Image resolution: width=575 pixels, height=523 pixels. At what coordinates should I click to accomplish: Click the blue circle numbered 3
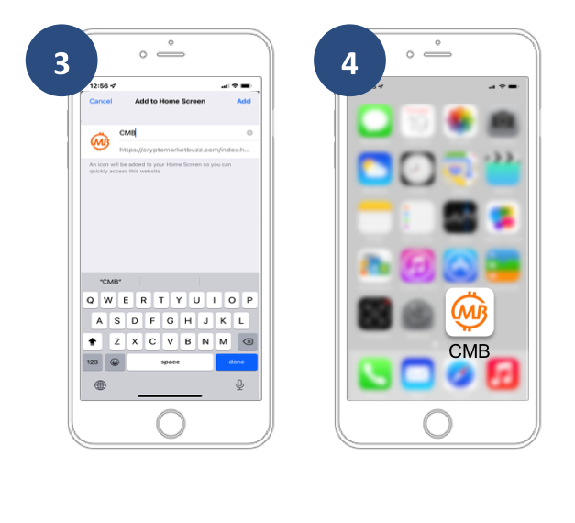point(61,61)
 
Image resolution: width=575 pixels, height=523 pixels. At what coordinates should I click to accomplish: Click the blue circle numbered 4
point(349,61)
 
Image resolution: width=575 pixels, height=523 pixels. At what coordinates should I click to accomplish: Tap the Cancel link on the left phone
point(101,101)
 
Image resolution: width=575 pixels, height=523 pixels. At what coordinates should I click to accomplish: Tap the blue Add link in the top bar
point(243,101)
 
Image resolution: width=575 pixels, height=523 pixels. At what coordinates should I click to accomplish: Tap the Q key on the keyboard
point(90,300)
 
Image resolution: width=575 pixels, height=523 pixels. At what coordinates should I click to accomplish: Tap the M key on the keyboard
point(223,341)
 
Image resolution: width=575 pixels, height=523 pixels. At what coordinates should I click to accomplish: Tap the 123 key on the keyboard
point(93,362)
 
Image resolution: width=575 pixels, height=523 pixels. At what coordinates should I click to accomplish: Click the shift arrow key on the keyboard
point(93,341)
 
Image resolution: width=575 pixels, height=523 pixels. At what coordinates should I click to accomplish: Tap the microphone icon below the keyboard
point(239,384)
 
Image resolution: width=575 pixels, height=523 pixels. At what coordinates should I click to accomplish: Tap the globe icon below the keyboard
point(100,384)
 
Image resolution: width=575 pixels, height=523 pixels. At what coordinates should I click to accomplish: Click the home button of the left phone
point(171,423)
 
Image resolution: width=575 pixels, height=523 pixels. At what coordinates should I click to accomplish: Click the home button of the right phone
point(437,423)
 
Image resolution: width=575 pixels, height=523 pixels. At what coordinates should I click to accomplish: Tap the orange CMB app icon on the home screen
point(470,312)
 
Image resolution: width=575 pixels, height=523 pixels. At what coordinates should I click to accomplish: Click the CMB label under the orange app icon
point(470,351)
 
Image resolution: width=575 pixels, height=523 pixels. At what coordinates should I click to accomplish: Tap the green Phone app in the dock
point(375,374)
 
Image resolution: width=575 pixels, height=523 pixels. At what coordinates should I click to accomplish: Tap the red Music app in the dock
point(502,374)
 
